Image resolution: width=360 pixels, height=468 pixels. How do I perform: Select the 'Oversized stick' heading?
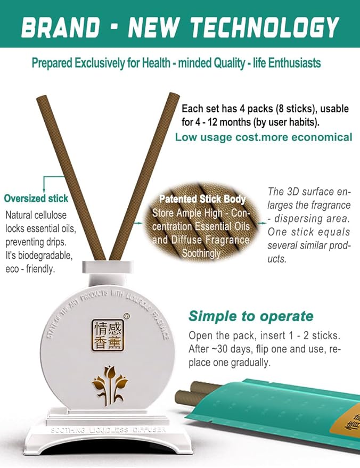[36, 199]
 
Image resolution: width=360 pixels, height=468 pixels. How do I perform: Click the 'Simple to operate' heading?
[251, 316]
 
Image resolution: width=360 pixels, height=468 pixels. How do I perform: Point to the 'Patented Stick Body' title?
[202, 199]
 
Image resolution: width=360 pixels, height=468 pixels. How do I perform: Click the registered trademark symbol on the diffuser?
[126, 315]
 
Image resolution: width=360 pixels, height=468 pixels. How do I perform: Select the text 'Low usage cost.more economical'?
[264, 137]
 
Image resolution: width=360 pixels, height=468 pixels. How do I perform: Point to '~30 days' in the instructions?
[226, 349]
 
